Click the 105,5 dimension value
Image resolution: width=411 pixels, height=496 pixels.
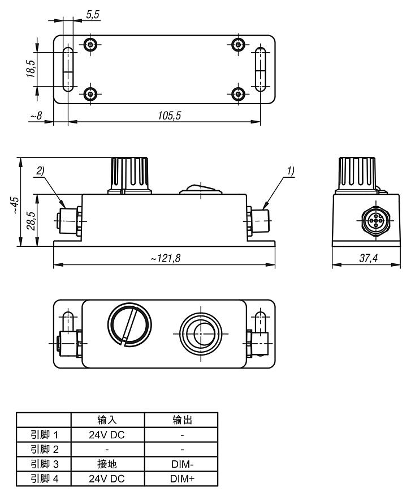point(170,116)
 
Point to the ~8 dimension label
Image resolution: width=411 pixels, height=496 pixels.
point(36,116)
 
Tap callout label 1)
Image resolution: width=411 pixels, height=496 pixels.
point(291,170)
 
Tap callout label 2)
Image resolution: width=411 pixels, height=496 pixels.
point(40,170)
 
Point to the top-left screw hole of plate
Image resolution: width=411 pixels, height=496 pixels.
point(91,45)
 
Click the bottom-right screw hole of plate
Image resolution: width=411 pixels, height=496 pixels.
point(239,93)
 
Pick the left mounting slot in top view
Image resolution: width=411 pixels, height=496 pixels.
point(67,70)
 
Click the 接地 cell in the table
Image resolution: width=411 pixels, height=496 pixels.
point(107,464)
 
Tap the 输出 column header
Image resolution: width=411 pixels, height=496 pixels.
point(181,420)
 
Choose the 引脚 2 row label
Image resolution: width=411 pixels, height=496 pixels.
point(44,450)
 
